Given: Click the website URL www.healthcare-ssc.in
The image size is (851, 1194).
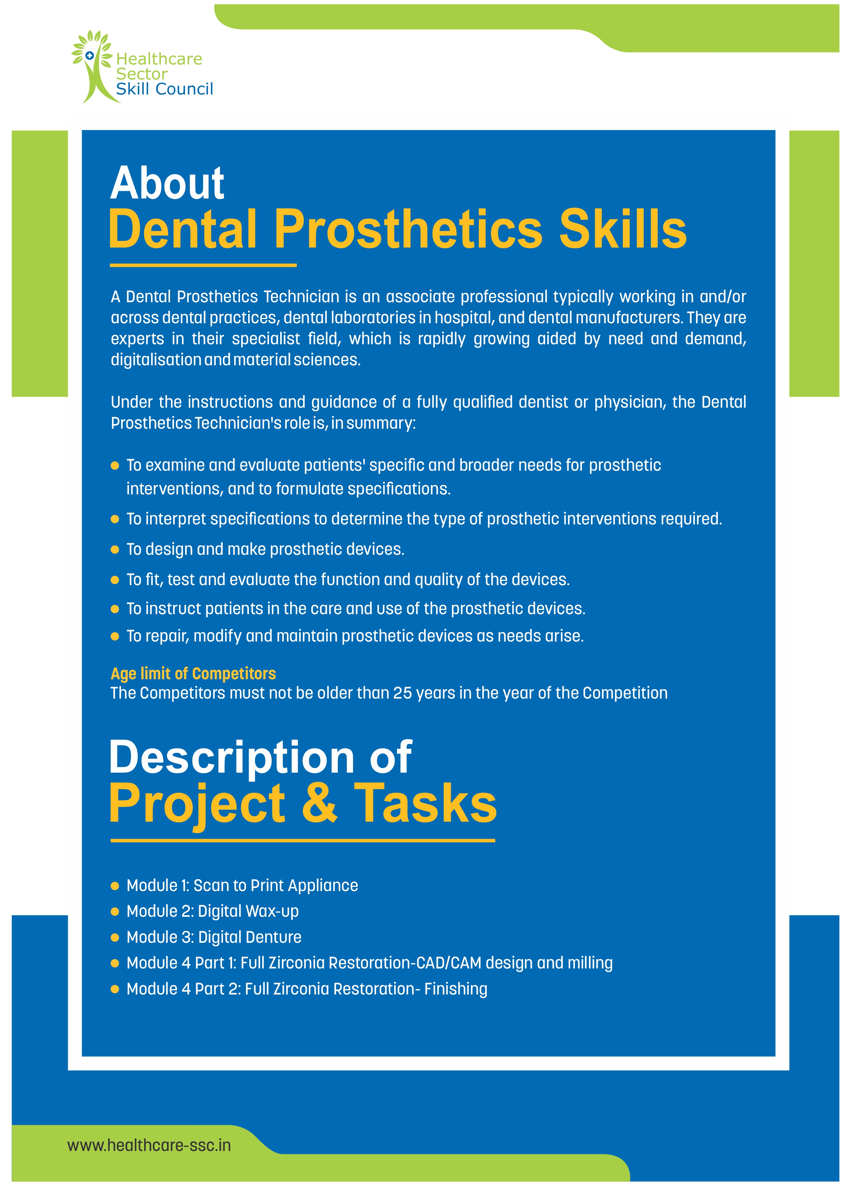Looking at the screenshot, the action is (x=149, y=1145).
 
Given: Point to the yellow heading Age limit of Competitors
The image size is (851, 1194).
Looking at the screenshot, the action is (x=193, y=674).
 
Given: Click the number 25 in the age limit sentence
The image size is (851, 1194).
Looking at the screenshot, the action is (x=402, y=693).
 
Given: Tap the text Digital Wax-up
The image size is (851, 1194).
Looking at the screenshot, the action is (x=248, y=911).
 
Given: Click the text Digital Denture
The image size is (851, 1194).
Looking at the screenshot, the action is (x=250, y=937).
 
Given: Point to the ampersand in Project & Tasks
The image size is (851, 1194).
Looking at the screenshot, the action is (x=320, y=803).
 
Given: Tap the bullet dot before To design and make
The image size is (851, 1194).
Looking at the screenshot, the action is (x=115, y=550).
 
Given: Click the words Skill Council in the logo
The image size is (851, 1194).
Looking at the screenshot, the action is (x=164, y=89).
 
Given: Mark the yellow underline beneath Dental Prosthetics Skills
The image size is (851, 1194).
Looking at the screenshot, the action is (x=203, y=265).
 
